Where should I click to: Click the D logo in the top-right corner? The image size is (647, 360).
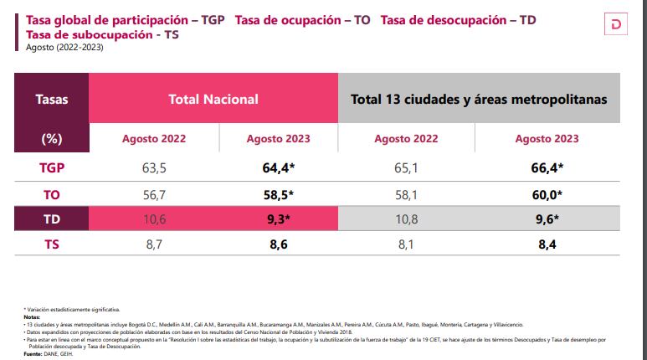pos(619,25)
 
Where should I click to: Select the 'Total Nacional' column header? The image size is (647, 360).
pos(213,99)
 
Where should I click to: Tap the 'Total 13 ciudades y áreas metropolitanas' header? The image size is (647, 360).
pos(479,99)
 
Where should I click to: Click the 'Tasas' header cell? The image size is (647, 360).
pos(52,99)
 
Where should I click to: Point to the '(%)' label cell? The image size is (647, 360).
pos(52,139)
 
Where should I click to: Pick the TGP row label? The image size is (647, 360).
pos(52,167)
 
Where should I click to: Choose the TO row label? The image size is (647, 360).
pos(52,194)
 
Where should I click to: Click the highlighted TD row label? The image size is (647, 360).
pos(52,220)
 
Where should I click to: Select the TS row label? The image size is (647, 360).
pos(52,246)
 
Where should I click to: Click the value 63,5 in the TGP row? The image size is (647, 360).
pos(154,167)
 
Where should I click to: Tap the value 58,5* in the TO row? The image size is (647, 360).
pos(279,194)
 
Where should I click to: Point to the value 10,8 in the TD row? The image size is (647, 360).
pos(406,220)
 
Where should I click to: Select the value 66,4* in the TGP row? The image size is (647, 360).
pos(547,167)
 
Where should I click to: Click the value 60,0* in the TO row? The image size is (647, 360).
pos(547,194)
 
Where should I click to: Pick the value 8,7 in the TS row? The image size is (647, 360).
pos(154,246)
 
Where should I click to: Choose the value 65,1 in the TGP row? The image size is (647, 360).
pos(406,167)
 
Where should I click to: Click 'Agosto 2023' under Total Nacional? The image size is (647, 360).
pos(279,139)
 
